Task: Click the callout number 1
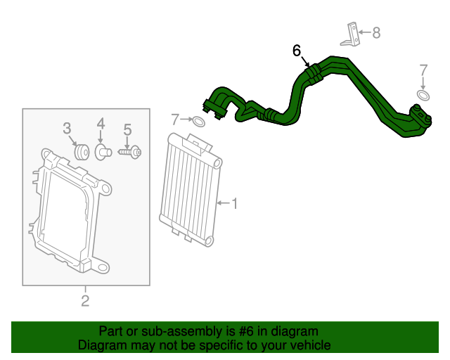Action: [235, 204]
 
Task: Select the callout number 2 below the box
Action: [85, 302]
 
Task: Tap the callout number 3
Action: [67, 128]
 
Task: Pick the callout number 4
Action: [101, 124]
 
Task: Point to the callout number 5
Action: [127, 129]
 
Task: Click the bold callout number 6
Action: [297, 51]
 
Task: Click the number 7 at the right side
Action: [423, 70]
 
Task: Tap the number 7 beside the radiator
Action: [175, 119]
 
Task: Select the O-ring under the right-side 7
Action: [423, 95]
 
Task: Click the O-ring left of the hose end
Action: [199, 122]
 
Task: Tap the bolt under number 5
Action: [130, 151]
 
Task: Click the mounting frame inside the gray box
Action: [67, 211]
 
